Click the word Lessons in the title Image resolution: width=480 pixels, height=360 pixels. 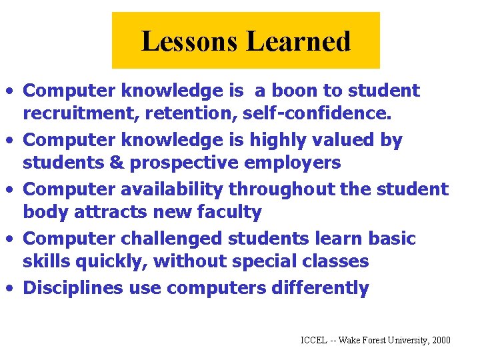coord(189,41)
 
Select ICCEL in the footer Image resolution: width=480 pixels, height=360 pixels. coord(314,341)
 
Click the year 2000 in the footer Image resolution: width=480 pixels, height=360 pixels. coord(441,341)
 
